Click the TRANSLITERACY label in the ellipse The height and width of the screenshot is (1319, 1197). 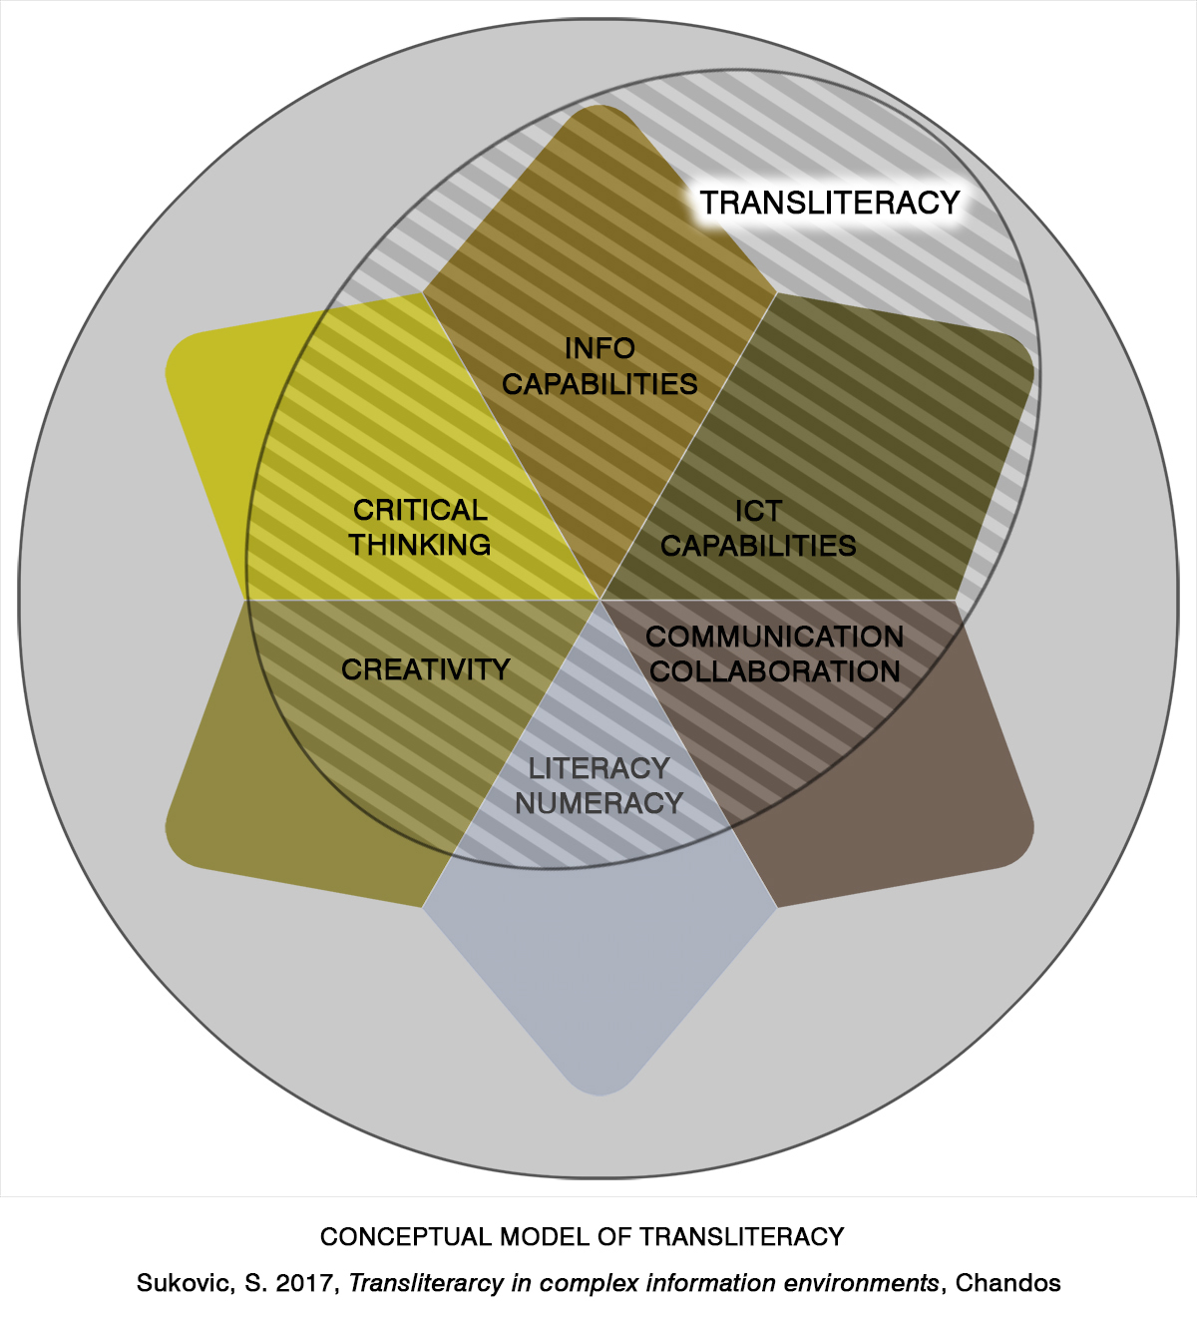pos(829,203)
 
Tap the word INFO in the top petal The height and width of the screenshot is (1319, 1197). pos(599,348)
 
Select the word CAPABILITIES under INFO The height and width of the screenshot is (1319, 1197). pos(599,384)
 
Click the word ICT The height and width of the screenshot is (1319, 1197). pos(758,511)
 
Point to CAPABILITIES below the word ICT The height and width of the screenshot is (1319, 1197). pos(758,546)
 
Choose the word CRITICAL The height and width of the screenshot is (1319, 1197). pos(420,510)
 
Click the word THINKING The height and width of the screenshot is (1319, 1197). pos(420,545)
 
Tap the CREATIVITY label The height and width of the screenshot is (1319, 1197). pos(426,669)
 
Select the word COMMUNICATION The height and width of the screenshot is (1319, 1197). pos(775,637)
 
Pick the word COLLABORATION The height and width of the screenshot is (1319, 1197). pos(775,671)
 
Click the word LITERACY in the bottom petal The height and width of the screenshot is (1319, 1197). pos(598,768)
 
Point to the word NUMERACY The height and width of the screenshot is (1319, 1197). pos(598,803)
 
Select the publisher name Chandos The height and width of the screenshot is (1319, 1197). pos(1007,1283)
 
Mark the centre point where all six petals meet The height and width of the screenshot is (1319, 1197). pos(599,600)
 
